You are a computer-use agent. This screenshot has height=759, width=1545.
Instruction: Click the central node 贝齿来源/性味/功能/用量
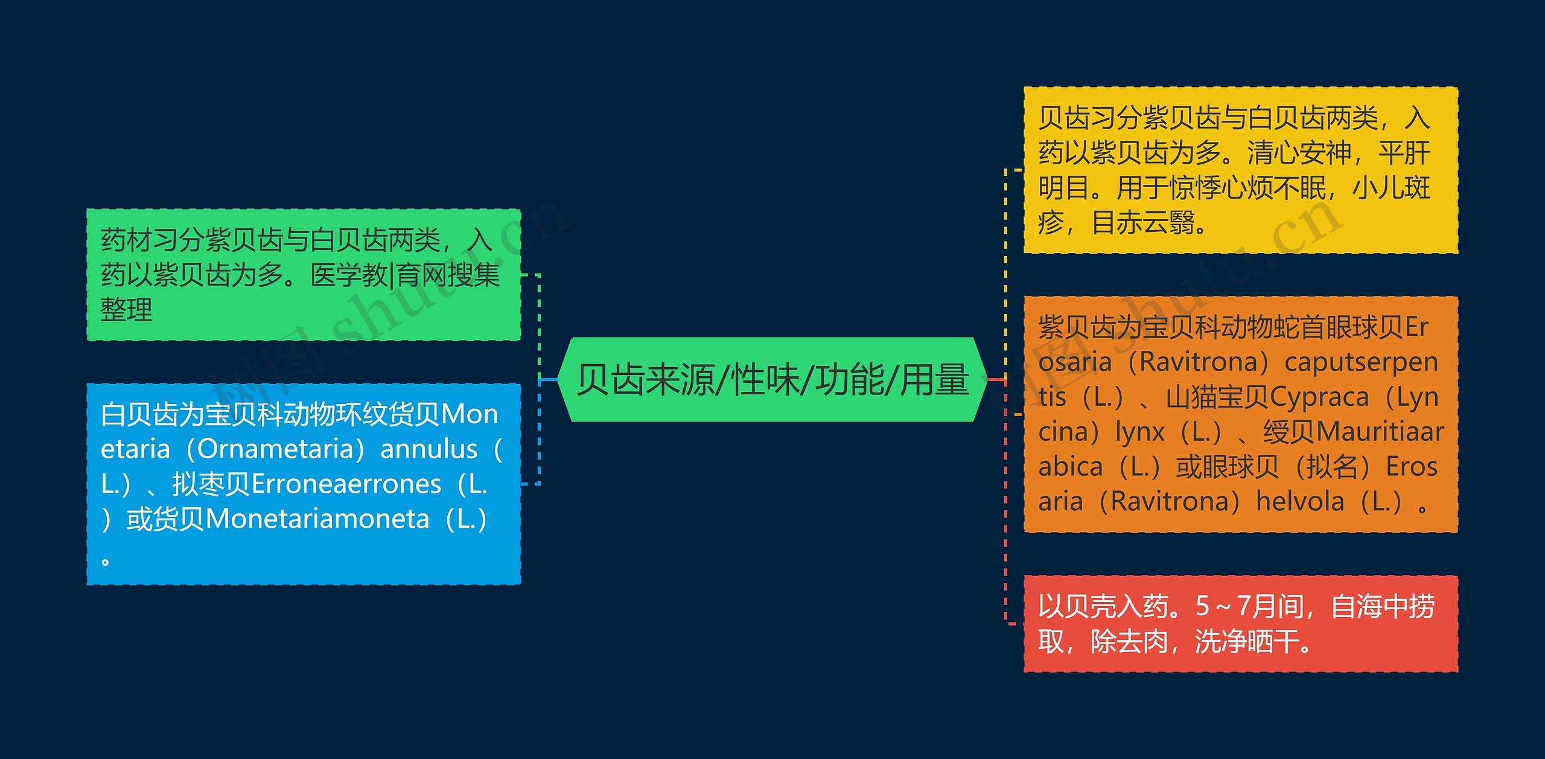(772, 379)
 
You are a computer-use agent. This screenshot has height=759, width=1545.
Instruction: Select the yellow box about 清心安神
(1240, 170)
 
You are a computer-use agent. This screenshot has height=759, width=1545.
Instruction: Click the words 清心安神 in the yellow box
(1299, 153)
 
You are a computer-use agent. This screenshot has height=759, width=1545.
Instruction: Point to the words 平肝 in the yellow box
(1404, 153)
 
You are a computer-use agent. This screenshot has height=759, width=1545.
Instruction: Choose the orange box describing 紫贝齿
(1240, 414)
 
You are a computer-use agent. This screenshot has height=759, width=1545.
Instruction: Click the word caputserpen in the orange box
(1361, 362)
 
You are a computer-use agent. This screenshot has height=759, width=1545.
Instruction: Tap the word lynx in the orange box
(1139, 432)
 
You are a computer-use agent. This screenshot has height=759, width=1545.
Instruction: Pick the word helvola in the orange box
(1300, 502)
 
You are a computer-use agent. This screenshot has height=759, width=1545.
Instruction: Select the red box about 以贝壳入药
(1240, 623)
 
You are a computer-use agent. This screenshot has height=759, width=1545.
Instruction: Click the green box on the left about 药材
(304, 275)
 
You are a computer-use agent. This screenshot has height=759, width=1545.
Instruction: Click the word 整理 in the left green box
(126, 310)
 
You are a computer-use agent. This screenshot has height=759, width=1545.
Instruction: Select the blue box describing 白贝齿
(304, 484)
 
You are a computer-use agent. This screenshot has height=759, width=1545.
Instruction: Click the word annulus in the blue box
(428, 449)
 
